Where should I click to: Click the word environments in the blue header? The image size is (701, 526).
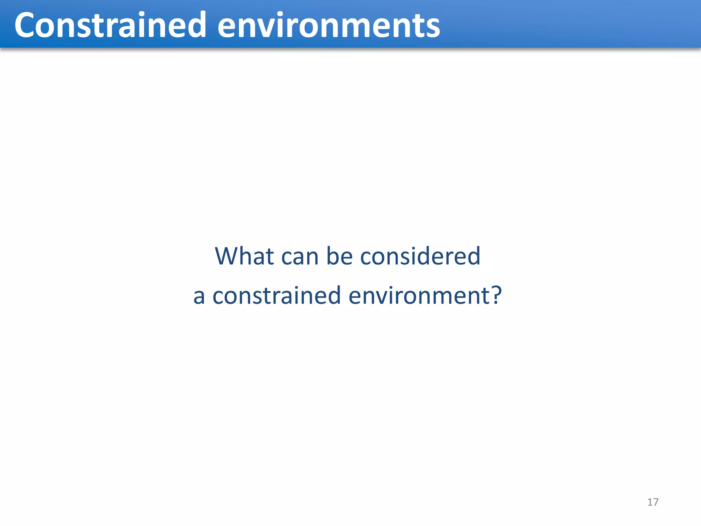(x=329, y=25)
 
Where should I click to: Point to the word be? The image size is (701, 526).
(x=340, y=256)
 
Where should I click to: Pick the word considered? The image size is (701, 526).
(x=420, y=256)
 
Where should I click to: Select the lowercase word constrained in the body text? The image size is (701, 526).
(x=277, y=296)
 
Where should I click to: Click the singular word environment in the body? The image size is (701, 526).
(x=417, y=296)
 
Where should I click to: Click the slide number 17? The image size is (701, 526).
(x=653, y=502)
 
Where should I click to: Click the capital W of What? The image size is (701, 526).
(x=227, y=256)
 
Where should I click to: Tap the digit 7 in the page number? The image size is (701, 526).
(x=655, y=502)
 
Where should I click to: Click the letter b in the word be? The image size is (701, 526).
(x=333, y=256)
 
